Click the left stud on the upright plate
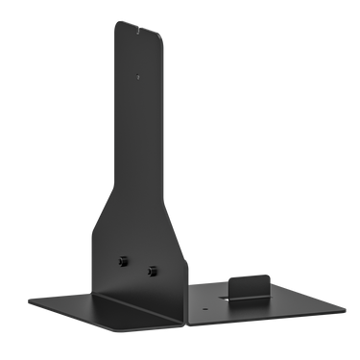click(125, 259)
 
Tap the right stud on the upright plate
click(151, 270)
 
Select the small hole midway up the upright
click(139, 73)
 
